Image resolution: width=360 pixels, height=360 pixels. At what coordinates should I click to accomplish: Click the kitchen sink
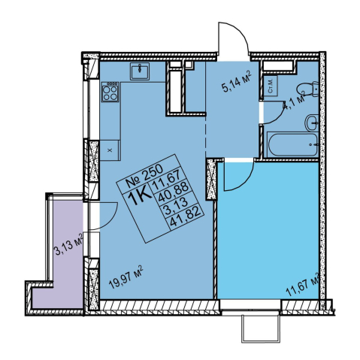tap(140, 71)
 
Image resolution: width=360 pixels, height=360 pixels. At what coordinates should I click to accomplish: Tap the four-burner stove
tap(110, 92)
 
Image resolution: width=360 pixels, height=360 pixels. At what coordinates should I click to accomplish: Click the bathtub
tap(292, 145)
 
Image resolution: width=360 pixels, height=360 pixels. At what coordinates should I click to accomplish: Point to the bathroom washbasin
tap(312, 123)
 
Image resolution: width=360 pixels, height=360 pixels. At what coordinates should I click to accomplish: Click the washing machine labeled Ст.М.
tap(270, 86)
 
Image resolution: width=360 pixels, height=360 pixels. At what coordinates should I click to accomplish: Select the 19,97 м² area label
tap(126, 277)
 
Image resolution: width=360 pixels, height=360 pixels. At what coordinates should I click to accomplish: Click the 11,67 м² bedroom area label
tap(303, 285)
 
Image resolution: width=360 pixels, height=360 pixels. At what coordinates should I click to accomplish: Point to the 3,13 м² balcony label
tap(68, 244)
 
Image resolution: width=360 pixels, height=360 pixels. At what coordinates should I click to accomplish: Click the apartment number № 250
tap(144, 177)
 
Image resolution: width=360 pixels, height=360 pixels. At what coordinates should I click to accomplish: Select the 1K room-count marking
tap(140, 196)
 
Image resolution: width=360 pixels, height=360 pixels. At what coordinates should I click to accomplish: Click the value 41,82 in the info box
tap(186, 219)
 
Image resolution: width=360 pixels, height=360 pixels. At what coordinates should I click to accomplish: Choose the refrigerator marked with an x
tap(110, 150)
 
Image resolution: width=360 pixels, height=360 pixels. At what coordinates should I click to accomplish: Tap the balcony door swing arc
tap(111, 219)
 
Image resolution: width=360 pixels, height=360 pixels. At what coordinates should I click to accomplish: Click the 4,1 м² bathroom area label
tap(294, 101)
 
